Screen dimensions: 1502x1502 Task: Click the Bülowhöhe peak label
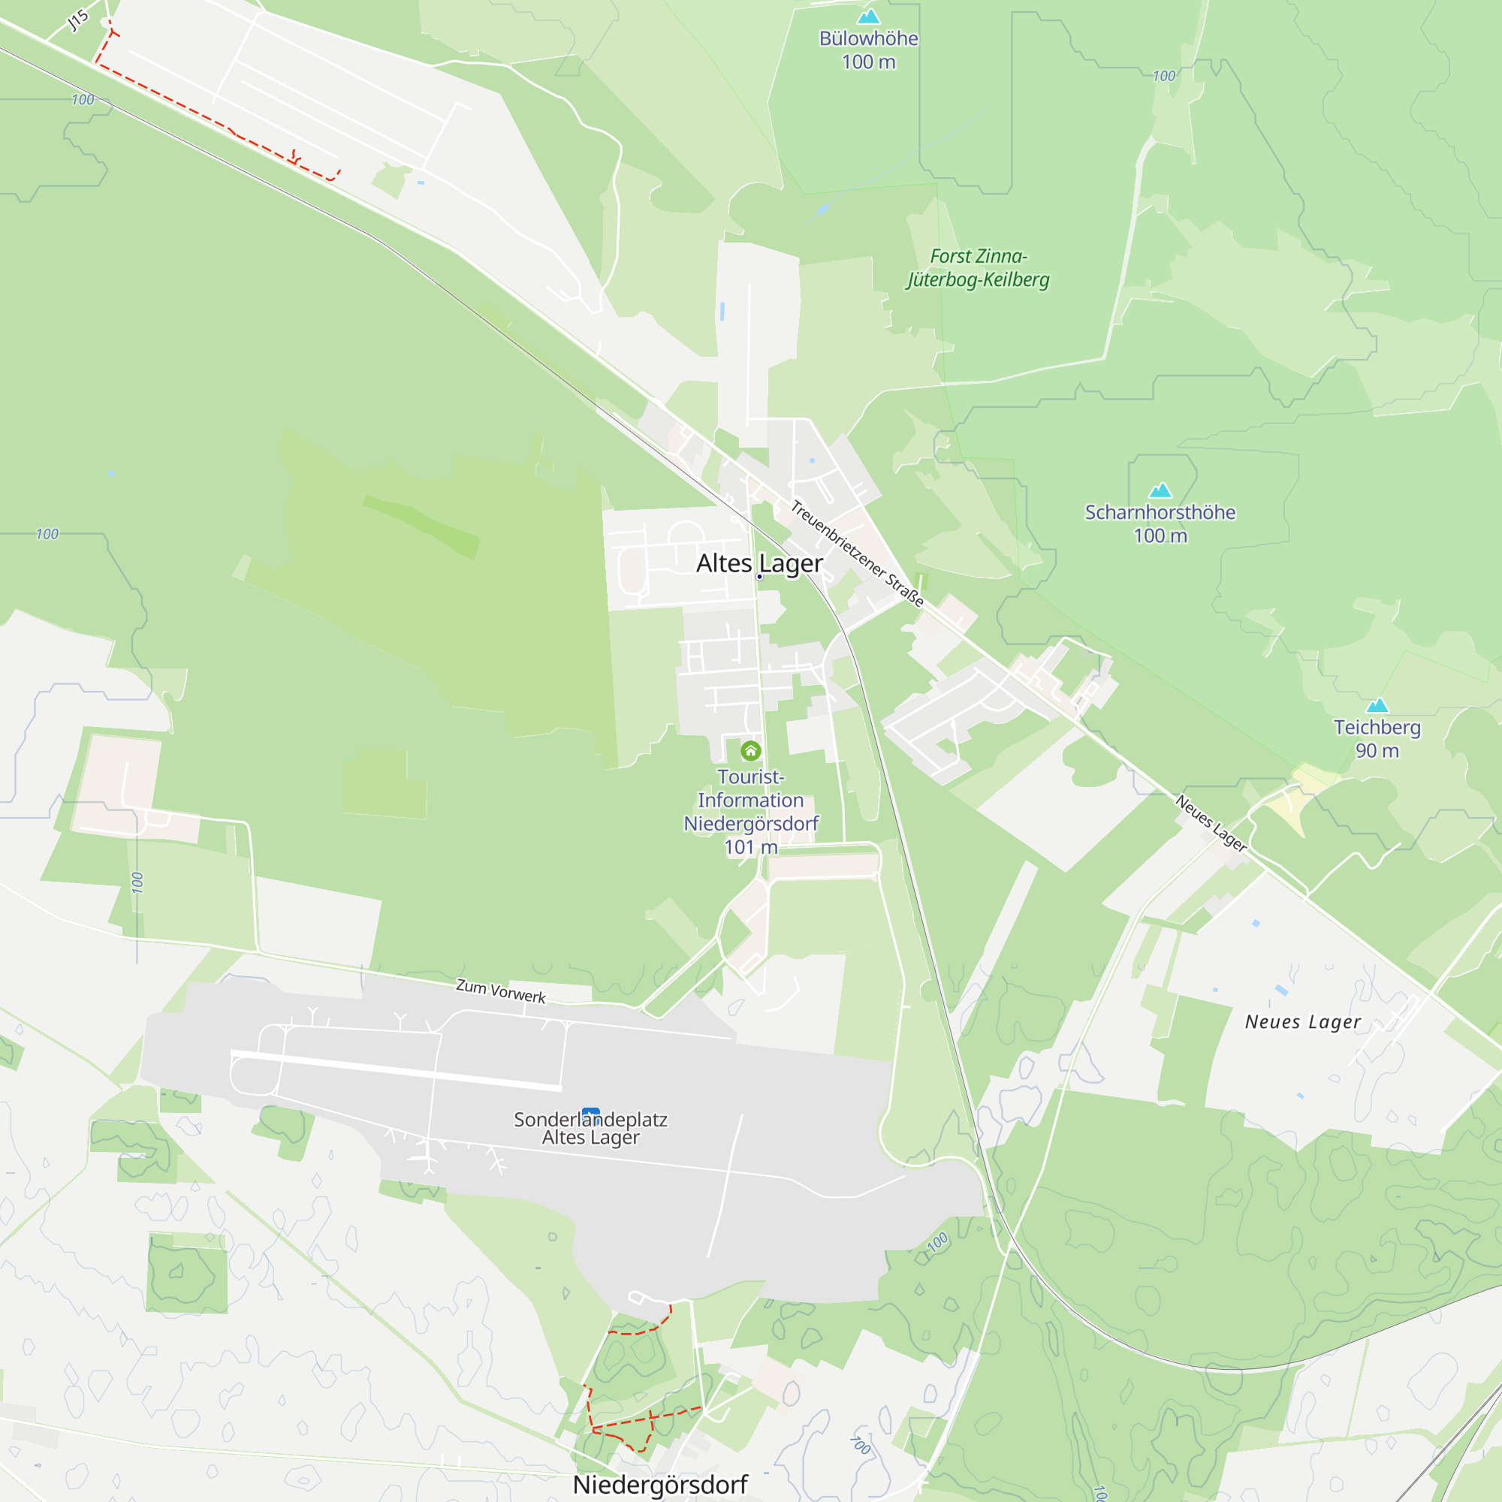click(868, 39)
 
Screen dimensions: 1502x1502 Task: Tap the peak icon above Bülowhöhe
click(868, 17)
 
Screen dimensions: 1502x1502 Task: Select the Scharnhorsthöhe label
click(1160, 512)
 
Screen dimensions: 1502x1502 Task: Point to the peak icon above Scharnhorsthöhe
click(1160, 490)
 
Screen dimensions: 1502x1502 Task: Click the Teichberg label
click(1377, 727)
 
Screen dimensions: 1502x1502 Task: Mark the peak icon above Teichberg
click(1377, 705)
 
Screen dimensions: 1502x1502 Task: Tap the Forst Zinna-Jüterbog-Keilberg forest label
click(978, 267)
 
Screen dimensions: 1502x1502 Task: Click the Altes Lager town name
click(759, 562)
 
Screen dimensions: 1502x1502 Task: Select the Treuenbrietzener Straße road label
click(857, 553)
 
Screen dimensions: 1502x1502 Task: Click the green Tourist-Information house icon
click(750, 750)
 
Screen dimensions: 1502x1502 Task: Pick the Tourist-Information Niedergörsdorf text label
click(751, 800)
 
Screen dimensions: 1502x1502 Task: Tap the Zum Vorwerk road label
click(501, 991)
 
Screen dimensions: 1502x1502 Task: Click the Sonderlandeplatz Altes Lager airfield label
click(591, 1129)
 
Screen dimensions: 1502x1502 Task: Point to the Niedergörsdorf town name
click(660, 1484)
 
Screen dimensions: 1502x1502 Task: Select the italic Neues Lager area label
click(1303, 1022)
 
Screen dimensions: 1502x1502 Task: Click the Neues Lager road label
click(1211, 823)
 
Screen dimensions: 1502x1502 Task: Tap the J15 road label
click(78, 20)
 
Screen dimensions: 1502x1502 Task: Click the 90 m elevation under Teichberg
click(1377, 750)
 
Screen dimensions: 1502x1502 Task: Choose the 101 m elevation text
click(751, 847)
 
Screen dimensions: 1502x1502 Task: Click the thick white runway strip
click(397, 1069)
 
